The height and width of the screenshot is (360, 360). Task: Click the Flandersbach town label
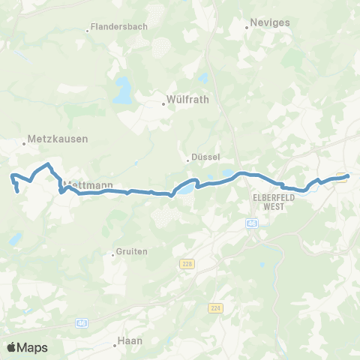(x=121, y=27)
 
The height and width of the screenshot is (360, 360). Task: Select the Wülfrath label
(x=187, y=98)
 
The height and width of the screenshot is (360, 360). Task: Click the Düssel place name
(x=205, y=157)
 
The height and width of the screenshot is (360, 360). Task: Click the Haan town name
(x=130, y=341)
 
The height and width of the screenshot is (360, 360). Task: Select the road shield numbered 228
(x=187, y=263)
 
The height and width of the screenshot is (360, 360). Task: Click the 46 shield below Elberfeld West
(x=251, y=223)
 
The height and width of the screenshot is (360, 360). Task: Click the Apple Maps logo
(x=27, y=347)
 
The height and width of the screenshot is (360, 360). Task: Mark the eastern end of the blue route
(x=347, y=176)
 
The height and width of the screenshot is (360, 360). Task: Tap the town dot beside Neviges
(x=247, y=29)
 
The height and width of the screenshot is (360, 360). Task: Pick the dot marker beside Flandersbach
(x=88, y=31)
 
